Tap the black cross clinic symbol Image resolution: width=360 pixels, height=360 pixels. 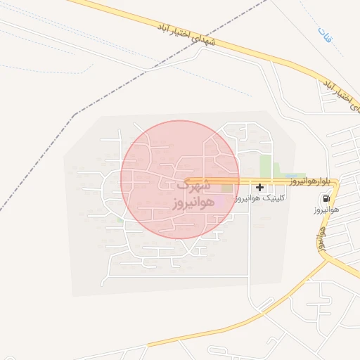pyautogui.click(x=261, y=187)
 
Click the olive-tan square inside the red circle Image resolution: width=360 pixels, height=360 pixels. pyautogui.click(x=226, y=187)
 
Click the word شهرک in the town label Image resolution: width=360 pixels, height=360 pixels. pyautogui.click(x=192, y=186)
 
